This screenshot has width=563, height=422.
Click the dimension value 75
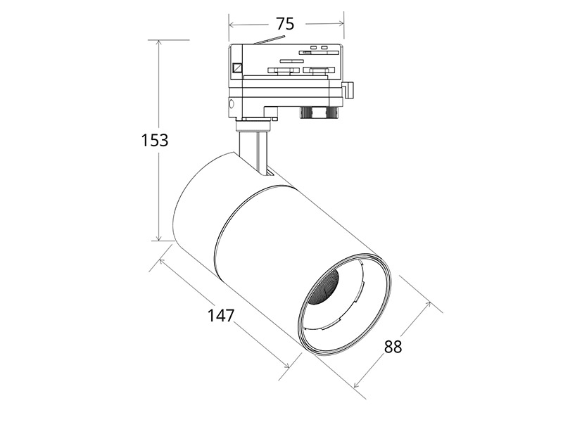[x=285, y=24]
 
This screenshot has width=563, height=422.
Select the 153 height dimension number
[x=154, y=140]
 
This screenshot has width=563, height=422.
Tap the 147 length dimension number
[x=221, y=315]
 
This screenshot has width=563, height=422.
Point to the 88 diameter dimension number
[x=393, y=347]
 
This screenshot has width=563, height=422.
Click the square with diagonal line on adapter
[x=237, y=68]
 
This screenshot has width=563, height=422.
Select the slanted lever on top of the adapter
[x=269, y=39]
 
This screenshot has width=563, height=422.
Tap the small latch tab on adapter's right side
[x=348, y=89]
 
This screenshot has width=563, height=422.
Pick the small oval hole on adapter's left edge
[x=232, y=104]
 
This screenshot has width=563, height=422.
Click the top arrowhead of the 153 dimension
[x=159, y=42]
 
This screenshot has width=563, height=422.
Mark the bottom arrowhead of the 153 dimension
[x=159, y=238]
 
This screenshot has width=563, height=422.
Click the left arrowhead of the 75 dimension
[x=232, y=25]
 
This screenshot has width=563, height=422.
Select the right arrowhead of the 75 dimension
[x=341, y=24]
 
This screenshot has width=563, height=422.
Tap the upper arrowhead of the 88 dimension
[x=428, y=305]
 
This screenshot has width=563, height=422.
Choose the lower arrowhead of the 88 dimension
[x=356, y=385]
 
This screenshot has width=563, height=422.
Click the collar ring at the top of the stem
[x=253, y=126]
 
